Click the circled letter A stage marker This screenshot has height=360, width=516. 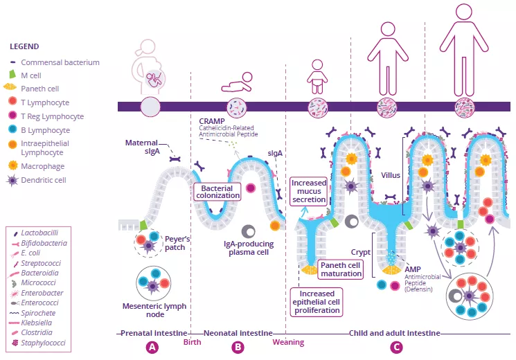coord(152,347)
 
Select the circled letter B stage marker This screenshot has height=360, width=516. coord(238,347)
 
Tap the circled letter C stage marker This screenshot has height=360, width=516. coord(396,347)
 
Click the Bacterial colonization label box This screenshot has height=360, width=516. coord(221,192)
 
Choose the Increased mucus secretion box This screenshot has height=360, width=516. coord(308,191)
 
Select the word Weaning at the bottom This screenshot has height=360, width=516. coord(288,342)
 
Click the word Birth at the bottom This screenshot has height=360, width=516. coord(192,342)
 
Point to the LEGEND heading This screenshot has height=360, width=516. coord(24,46)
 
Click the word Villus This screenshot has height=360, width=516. coord(391,175)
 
